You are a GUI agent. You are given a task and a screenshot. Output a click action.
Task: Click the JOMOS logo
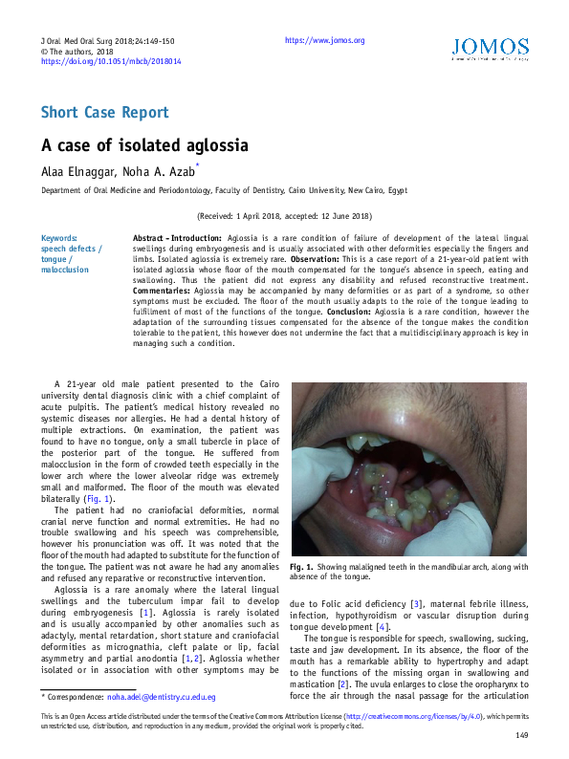(489, 48)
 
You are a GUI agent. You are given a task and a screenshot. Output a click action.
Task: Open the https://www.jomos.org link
(324, 40)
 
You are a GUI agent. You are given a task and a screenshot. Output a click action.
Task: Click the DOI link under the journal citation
(111, 60)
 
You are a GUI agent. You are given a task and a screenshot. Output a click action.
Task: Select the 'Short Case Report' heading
(104, 112)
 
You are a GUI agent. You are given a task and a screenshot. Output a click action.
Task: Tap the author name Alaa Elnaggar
(75, 172)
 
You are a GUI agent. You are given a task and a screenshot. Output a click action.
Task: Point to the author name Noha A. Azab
(156, 172)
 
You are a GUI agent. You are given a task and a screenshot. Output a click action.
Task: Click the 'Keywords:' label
(59, 238)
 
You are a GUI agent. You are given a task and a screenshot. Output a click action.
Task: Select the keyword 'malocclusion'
(64, 270)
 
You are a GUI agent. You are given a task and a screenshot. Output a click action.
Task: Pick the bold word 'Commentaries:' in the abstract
(162, 291)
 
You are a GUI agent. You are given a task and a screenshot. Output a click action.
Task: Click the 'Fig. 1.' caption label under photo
(302, 567)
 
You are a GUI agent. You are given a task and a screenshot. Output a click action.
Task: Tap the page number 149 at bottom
(521, 735)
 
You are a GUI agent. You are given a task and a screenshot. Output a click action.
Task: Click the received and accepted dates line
(284, 217)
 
